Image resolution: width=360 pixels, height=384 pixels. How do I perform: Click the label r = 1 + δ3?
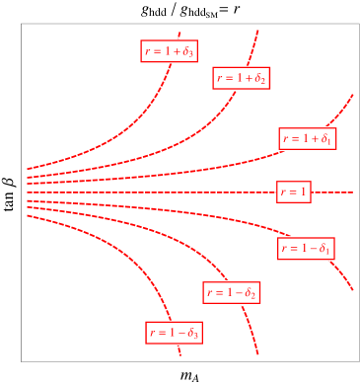tap(168, 51)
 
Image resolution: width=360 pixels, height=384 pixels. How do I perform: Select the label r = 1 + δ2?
tap(242, 77)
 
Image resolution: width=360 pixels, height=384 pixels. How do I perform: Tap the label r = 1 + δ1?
tap(308, 138)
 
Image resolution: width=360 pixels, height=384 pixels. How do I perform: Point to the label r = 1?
tap(294, 192)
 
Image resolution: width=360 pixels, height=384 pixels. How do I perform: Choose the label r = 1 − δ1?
tap(306, 248)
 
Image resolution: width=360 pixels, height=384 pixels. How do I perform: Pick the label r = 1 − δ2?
tap(232, 292)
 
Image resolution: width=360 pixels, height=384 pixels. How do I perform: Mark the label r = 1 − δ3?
tap(174, 333)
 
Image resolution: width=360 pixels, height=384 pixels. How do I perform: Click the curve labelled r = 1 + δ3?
tap(118, 138)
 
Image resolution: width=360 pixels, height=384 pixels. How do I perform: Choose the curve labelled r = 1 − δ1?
tap(197, 217)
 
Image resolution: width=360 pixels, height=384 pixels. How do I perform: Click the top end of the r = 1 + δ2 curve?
tap(258, 31)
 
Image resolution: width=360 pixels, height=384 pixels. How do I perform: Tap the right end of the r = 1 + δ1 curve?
tap(352, 95)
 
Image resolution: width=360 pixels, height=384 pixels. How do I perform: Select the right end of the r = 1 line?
tap(352, 192)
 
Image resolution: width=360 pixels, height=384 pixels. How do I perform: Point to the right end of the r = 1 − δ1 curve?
tap(352, 289)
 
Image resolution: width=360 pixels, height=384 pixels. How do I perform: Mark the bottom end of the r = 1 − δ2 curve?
tap(257, 352)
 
